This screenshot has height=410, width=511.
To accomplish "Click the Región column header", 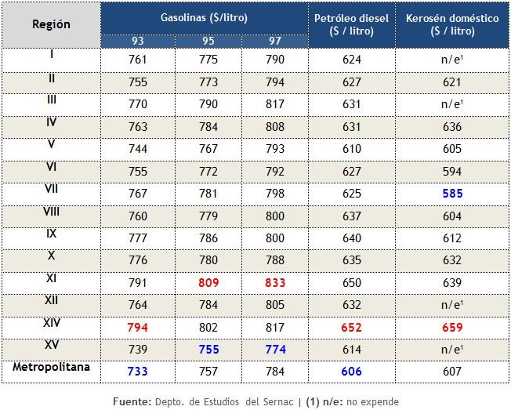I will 51,24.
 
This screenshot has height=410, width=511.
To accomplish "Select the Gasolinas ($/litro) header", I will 199,16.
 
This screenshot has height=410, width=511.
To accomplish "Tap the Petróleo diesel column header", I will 351,24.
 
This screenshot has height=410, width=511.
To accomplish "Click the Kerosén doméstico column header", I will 452,24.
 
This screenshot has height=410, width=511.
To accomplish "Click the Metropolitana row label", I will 51,366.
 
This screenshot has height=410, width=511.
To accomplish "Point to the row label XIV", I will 51,322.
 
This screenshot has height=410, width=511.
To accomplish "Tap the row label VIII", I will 51,211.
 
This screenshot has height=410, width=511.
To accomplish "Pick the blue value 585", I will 452,194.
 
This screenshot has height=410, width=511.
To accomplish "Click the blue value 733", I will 138,372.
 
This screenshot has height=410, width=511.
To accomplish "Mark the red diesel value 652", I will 351,328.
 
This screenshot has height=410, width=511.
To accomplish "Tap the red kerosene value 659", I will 452,328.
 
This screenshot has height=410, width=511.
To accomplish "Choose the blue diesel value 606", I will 351,372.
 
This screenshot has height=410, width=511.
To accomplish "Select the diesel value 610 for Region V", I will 351,149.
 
